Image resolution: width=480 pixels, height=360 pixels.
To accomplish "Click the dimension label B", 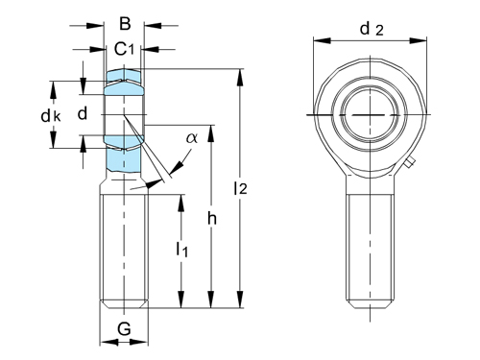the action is tap(125, 24).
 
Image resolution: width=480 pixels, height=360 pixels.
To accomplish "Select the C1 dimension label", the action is tap(124, 49).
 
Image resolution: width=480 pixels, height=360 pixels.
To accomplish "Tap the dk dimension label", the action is tap(51, 116).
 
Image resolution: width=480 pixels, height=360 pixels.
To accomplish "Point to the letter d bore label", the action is tap(83, 113).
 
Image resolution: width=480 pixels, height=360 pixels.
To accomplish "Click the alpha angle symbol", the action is tap(192, 138).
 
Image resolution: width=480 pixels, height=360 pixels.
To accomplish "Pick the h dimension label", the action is tap(212, 219).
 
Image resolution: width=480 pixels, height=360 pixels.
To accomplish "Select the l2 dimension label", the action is tap(240, 188).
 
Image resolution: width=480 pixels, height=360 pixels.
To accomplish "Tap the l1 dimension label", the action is tap(181, 249).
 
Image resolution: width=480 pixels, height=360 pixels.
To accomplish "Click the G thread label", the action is tap(124, 328).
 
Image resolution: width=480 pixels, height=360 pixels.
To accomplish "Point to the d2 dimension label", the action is tap(372, 30).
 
